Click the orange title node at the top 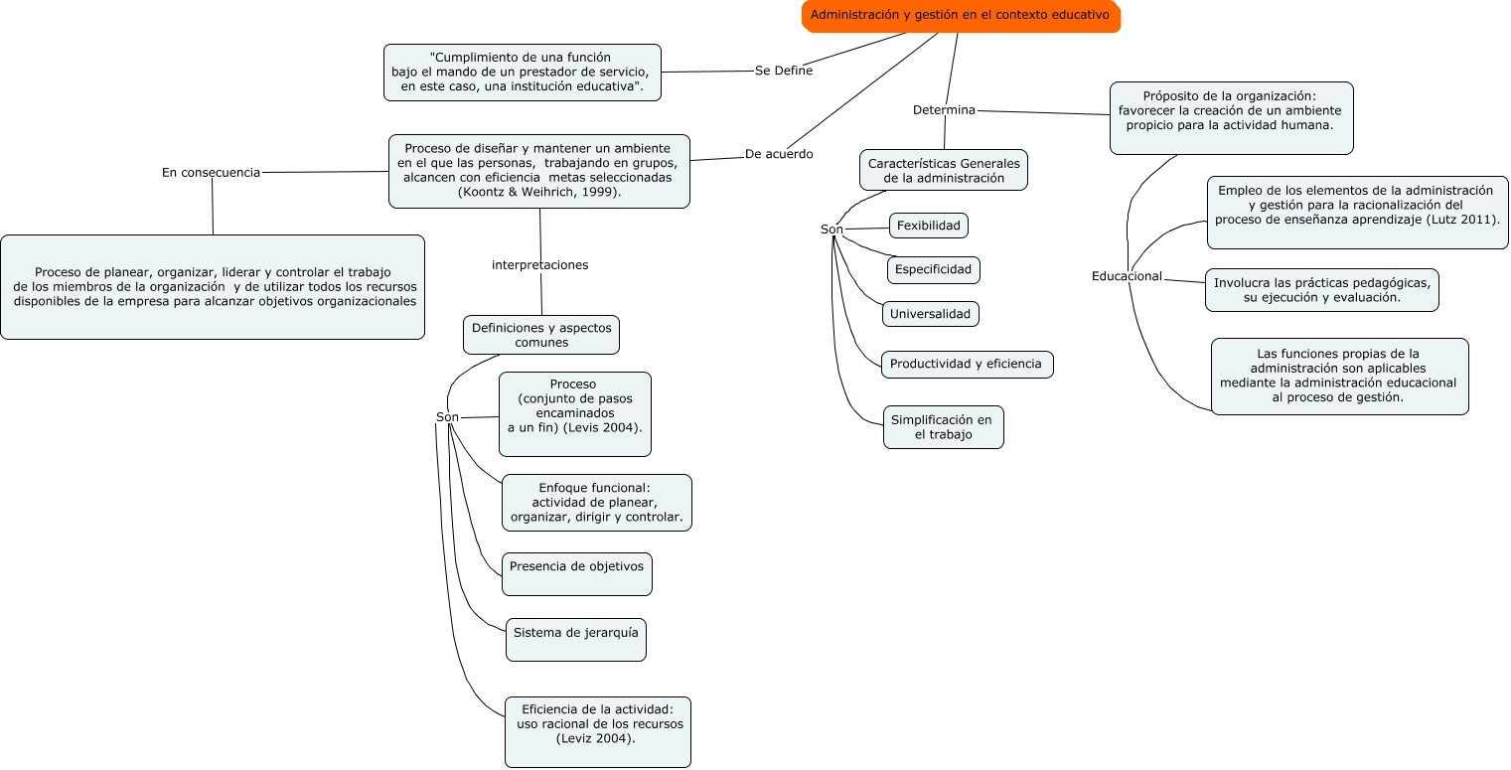coord(961,16)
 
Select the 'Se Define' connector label coord(783,71)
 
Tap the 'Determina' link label coord(944,110)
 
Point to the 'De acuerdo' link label coord(779,154)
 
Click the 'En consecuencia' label coord(211,173)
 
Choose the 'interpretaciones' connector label coord(539,264)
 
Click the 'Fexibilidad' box coord(928,226)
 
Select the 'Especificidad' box coord(934,270)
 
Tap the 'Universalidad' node coord(930,314)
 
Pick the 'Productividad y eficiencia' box coord(968,365)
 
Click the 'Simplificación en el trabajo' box coord(943,427)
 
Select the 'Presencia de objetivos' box coord(577,574)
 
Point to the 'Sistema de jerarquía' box coord(576,640)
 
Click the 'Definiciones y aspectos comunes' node coord(541,335)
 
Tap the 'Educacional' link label coord(1127,276)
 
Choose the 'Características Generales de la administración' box coord(944,170)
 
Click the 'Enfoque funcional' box coord(597,503)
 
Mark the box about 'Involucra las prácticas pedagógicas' coord(1322,290)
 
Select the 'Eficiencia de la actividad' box coord(598,732)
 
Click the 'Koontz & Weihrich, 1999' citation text coord(539,192)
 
